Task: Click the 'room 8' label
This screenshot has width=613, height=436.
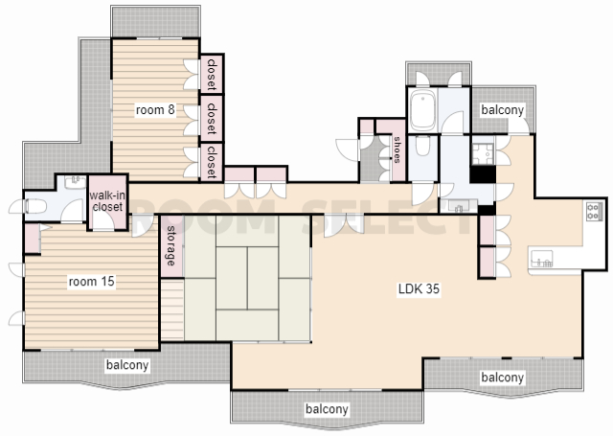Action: coord(155,110)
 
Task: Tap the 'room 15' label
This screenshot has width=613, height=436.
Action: coord(92,281)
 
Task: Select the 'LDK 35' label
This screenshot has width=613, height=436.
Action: coord(419,289)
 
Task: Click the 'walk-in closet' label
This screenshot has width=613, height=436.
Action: coord(107,200)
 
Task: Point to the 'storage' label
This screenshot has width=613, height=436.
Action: coord(171,246)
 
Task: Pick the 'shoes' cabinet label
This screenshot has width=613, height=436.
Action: coord(397,149)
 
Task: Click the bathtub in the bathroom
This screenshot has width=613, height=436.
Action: coord(423,110)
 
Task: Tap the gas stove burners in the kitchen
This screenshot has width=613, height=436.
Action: coord(594,211)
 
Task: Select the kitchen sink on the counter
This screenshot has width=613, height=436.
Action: coord(542,259)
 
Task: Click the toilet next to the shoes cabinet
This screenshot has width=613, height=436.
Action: coord(422,146)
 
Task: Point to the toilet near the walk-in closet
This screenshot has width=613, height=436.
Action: coord(36,206)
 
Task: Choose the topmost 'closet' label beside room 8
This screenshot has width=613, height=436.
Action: coord(212,75)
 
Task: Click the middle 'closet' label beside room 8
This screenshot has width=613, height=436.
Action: coord(212,119)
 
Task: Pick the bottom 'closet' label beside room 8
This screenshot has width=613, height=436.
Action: coord(212,162)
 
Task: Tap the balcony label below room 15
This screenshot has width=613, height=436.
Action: coord(127,365)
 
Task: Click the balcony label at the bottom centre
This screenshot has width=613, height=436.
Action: coord(327,409)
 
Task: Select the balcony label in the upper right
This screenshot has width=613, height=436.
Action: coord(502,110)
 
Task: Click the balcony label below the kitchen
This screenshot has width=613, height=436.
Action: coord(502,378)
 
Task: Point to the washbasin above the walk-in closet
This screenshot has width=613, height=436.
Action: coord(75,182)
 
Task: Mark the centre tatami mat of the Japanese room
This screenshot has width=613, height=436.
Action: coord(247,278)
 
